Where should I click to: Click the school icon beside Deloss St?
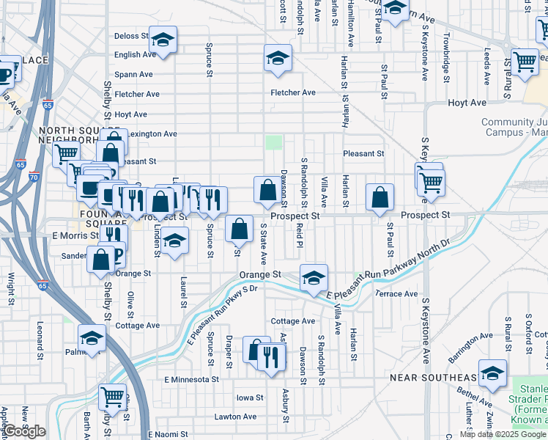coord(163,39)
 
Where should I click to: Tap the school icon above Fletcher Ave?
coord(278,58)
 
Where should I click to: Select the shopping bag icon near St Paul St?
coord(379,197)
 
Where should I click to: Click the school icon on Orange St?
coord(314,277)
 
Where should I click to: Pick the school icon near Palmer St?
coord(92,338)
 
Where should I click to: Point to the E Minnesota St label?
coord(192,380)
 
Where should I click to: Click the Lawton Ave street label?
coord(236,417)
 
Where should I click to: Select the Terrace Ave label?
coord(396,294)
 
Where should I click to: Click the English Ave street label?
coord(136,54)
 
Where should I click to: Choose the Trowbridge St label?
coord(445,56)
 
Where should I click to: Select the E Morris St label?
coord(75,235)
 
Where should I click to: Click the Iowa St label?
coord(249,398)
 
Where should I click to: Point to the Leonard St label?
coord(39,338)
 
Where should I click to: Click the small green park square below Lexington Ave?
coord(273,142)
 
